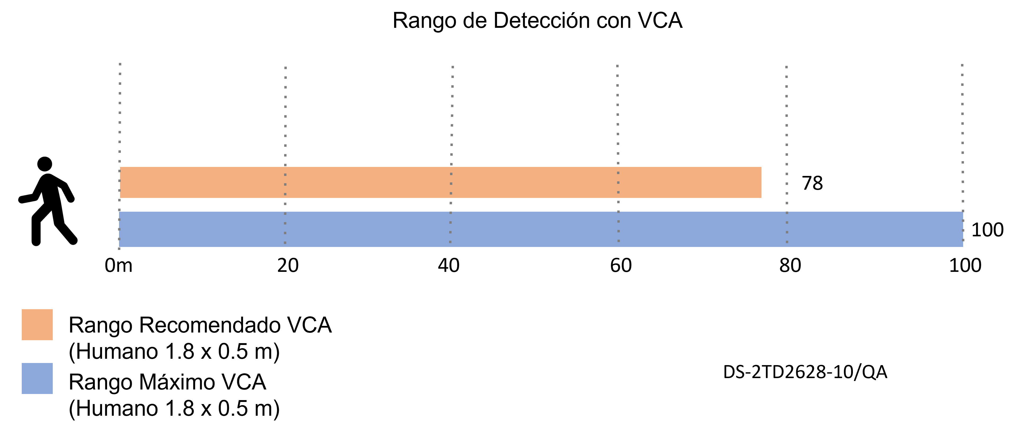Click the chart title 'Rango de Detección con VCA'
click(537, 21)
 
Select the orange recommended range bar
click(441, 182)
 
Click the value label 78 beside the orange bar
click(812, 183)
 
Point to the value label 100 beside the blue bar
click(987, 230)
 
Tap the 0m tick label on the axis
click(118, 265)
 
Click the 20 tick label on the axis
click(288, 265)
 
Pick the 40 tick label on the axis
click(449, 265)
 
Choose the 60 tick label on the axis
click(621, 265)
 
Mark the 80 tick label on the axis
click(790, 265)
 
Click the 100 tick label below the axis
click(965, 265)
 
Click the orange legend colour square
click(37, 325)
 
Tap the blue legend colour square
click(37, 378)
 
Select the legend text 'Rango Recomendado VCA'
click(200, 325)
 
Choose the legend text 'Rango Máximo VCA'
click(167, 382)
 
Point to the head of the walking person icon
click(45, 164)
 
